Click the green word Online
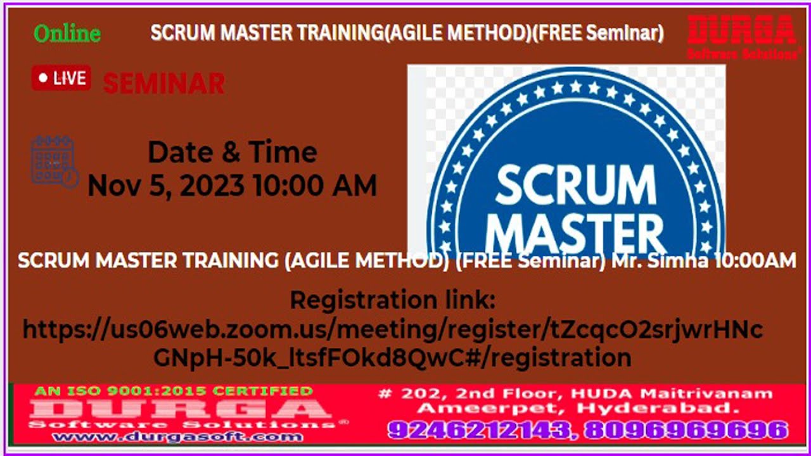click(x=67, y=34)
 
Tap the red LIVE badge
click(x=61, y=78)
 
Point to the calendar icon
click(x=54, y=161)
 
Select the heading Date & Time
click(x=232, y=153)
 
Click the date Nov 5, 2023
click(x=166, y=186)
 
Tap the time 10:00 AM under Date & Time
click(x=314, y=186)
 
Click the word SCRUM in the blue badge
click(x=575, y=184)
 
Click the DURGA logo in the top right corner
click(x=742, y=37)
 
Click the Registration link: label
click(x=392, y=300)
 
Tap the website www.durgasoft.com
click(x=177, y=436)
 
